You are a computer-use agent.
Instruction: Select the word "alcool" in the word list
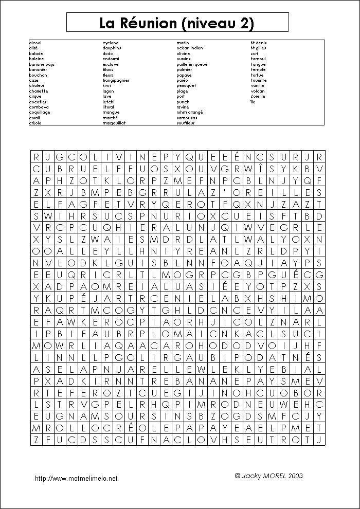[x=35, y=43]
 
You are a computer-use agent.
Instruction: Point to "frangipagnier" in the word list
[x=116, y=80]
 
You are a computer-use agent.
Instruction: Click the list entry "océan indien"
[x=189, y=48]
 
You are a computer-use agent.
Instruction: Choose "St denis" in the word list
[x=259, y=43]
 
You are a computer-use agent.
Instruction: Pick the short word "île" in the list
[x=253, y=102]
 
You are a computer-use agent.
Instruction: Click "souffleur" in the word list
[x=186, y=123]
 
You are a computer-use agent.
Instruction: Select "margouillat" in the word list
[x=114, y=123]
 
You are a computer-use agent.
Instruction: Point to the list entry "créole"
[x=35, y=123]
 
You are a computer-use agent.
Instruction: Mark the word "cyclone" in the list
[x=111, y=43]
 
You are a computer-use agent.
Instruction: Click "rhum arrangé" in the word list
[x=189, y=112]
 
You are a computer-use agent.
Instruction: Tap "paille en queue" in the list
[x=192, y=64]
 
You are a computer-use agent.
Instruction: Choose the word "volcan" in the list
[x=258, y=91]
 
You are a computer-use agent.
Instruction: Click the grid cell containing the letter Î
[x=260, y=169]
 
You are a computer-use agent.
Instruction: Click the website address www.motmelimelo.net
[x=76, y=479]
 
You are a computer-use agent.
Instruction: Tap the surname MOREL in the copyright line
[x=269, y=476]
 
